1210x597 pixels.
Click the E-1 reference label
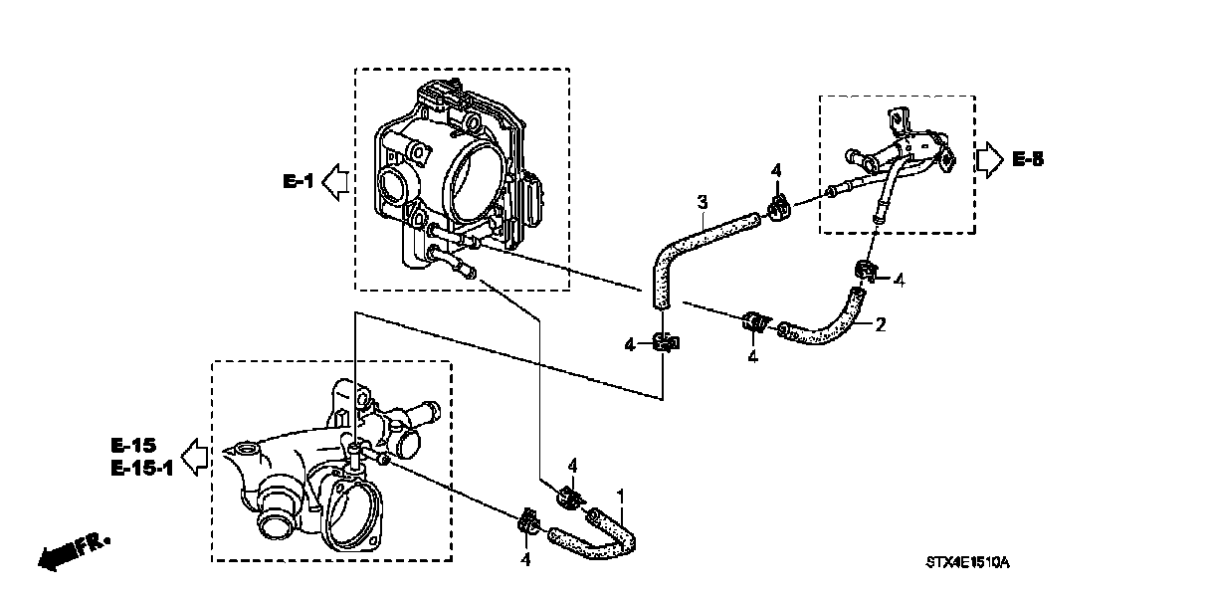point(298,181)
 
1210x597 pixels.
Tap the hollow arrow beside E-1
point(337,181)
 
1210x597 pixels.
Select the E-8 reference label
point(1028,158)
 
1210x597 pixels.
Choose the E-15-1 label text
point(141,467)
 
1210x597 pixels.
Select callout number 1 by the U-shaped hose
point(622,495)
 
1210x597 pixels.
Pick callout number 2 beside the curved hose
point(879,323)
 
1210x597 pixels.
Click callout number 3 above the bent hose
point(702,204)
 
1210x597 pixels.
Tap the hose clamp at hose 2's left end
point(755,322)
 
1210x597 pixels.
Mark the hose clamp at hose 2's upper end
point(865,270)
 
